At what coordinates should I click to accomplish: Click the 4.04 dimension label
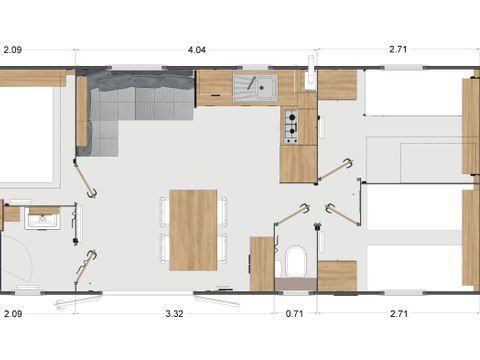tap(197, 48)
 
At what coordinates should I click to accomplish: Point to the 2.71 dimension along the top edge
tap(397, 48)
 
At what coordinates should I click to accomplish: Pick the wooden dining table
tap(193, 229)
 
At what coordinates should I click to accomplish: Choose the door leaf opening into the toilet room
tap(292, 214)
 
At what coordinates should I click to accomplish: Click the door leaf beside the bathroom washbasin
tap(88, 267)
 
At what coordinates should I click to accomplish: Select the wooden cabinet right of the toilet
tap(337, 275)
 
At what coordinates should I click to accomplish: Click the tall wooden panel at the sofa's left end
tap(82, 110)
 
